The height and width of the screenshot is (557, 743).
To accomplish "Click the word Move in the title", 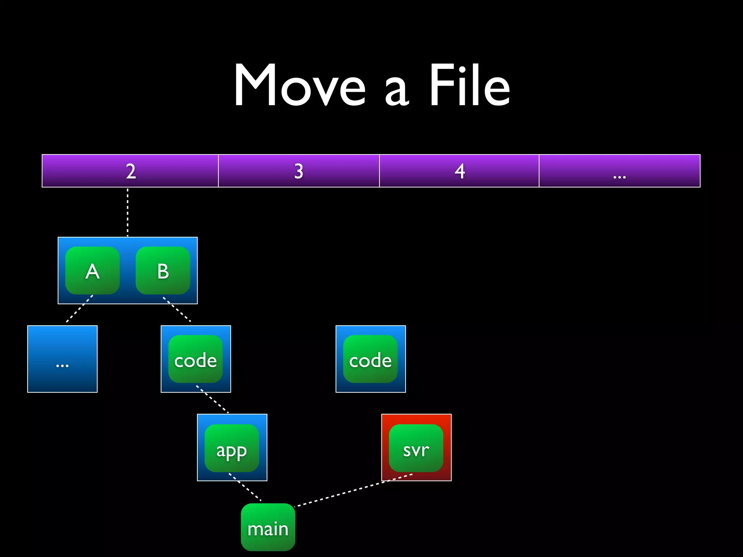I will (299, 86).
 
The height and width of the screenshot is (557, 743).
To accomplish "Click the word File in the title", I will (470, 86).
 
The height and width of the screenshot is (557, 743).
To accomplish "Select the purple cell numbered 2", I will (130, 171).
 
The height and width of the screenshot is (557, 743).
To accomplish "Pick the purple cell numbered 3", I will (299, 171).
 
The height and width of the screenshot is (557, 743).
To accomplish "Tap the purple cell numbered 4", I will (459, 171).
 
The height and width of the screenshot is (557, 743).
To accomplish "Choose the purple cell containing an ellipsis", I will (619, 171).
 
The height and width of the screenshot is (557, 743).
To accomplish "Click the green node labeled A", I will (93, 271).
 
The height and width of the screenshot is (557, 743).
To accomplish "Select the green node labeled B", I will (163, 271).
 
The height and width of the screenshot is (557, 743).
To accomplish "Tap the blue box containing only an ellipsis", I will (62, 359).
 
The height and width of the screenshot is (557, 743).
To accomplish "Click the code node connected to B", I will (196, 359).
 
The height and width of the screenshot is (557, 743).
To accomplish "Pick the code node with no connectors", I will (370, 359).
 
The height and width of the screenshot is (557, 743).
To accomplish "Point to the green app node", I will (232, 448).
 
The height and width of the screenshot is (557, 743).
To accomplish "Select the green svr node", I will (416, 448).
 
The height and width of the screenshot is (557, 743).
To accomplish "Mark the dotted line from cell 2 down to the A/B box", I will (127, 212).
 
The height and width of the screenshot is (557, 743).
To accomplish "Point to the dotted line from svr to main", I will (354, 490).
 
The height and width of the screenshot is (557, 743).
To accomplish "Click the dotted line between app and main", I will (245, 487).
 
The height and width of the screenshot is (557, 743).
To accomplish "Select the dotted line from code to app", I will (212, 399).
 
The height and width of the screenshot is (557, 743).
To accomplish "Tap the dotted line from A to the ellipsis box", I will (79, 309).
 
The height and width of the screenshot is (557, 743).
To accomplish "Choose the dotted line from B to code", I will (177, 309).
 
